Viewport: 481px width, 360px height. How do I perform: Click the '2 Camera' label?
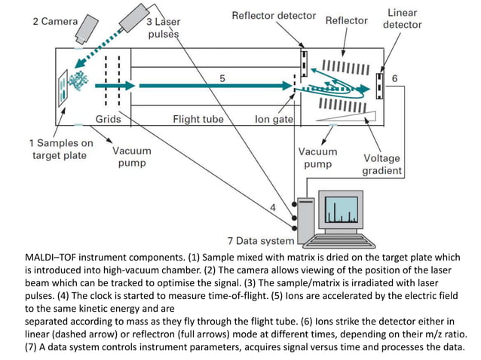click(54, 21)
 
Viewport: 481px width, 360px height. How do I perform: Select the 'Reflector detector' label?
click(274, 15)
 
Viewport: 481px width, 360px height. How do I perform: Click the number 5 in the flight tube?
click(222, 78)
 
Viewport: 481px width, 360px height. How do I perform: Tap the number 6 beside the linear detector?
click(395, 79)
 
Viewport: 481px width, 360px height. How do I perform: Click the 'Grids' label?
click(109, 119)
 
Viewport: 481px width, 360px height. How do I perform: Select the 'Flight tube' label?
click(198, 119)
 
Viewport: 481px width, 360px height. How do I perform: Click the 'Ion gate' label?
click(272, 119)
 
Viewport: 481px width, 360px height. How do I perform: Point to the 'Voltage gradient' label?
click(382, 164)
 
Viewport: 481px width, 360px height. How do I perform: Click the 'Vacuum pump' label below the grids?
click(131, 156)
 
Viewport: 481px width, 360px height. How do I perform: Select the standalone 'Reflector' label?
click(346, 20)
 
